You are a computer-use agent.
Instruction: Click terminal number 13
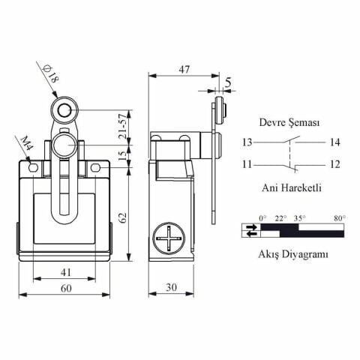(247, 142)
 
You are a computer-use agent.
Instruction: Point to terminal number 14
(334, 142)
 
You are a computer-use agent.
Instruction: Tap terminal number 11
(247, 163)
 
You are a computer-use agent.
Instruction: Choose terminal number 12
(334, 163)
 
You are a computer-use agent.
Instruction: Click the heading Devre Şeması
(289, 121)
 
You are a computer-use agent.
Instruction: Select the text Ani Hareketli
(290, 187)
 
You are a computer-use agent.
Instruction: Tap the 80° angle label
(339, 218)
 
